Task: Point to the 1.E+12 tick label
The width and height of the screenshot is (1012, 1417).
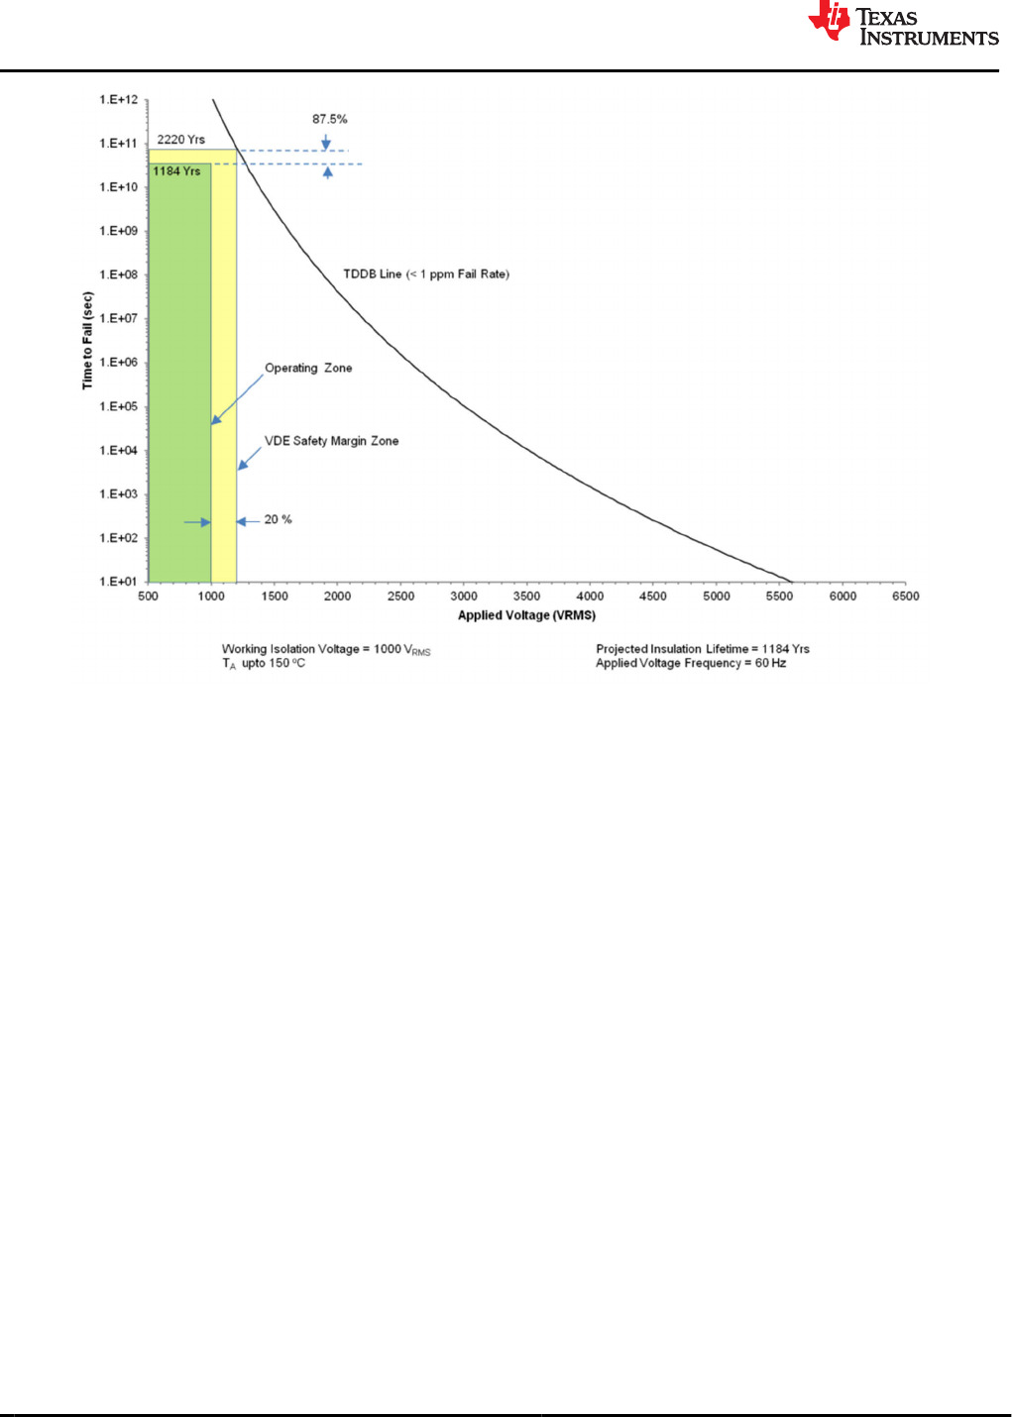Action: pyautogui.click(x=119, y=100)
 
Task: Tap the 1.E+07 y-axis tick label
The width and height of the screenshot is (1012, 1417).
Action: pyautogui.click(x=119, y=319)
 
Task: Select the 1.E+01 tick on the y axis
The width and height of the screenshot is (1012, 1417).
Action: pyautogui.click(x=119, y=582)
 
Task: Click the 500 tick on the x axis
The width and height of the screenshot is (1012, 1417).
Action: pyautogui.click(x=148, y=597)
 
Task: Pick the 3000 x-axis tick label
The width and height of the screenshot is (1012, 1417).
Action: pyautogui.click(x=464, y=597)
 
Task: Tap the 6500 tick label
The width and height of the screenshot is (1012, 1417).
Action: pyautogui.click(x=905, y=597)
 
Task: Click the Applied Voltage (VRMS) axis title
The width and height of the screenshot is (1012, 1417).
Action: pyautogui.click(x=526, y=615)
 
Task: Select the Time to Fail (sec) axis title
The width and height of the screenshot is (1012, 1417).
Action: pyautogui.click(x=87, y=340)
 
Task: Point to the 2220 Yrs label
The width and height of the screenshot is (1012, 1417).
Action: pyautogui.click(x=180, y=140)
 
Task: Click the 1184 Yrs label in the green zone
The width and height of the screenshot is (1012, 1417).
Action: pyautogui.click(x=176, y=171)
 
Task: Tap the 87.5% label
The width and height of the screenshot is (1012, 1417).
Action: pyautogui.click(x=329, y=119)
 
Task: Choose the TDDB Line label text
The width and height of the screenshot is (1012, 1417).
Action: pyautogui.click(x=426, y=274)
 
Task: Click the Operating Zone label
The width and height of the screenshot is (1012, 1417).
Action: pyautogui.click(x=308, y=368)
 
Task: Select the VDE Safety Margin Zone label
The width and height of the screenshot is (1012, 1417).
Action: pyautogui.click(x=331, y=441)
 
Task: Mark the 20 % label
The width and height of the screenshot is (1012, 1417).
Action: pyautogui.click(x=278, y=519)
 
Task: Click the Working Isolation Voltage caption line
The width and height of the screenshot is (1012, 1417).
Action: pyautogui.click(x=326, y=650)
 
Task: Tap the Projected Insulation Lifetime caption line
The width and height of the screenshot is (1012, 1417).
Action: pyautogui.click(x=702, y=649)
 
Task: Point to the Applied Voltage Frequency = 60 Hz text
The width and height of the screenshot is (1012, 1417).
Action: pyautogui.click(x=690, y=663)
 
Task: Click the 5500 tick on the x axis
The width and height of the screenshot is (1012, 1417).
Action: pyautogui.click(x=779, y=597)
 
